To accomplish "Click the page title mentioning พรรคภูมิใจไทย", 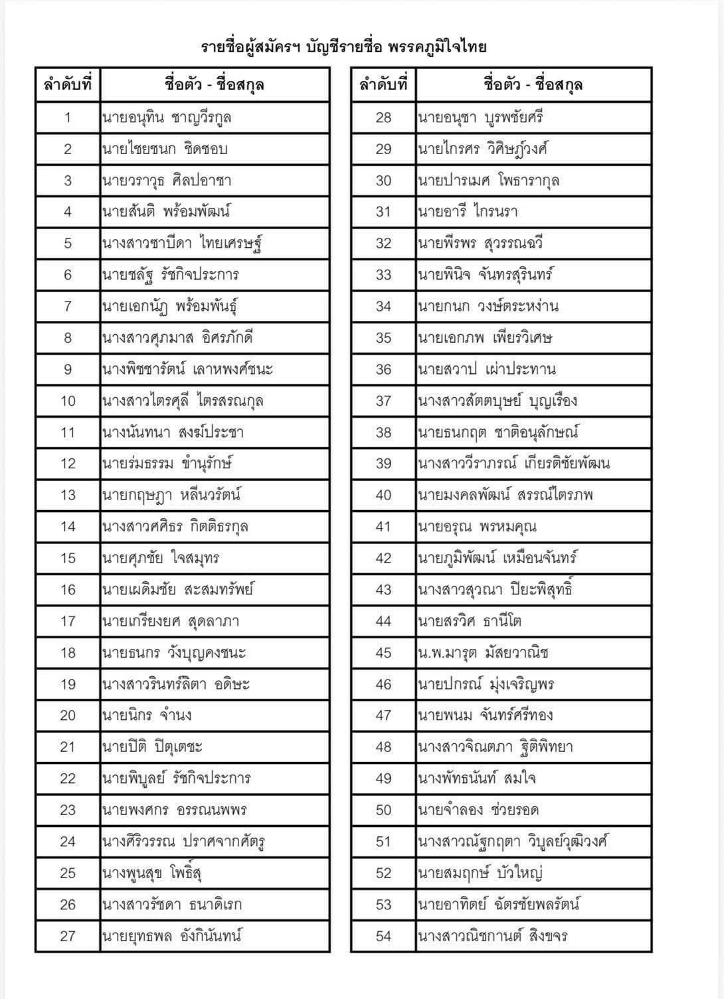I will [344, 46].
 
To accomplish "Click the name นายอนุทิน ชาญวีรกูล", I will [167, 118].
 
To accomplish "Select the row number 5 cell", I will [68, 243].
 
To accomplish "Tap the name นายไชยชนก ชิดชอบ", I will [165, 149].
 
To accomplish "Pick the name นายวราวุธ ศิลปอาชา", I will [167, 181].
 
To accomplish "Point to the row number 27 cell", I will [68, 936].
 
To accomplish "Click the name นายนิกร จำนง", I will [147, 715].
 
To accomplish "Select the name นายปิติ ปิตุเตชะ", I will [152, 747].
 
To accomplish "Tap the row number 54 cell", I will [384, 936].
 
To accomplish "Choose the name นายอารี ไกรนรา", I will [468, 212].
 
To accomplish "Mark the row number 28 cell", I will [384, 118].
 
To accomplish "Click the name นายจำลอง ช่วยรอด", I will [478, 810].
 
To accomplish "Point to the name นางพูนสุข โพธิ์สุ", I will [152, 873].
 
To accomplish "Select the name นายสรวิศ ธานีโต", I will [470, 621].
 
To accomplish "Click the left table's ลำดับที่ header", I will [68, 85].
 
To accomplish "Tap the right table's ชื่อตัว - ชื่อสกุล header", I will [533, 85].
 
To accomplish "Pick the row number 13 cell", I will [68, 495].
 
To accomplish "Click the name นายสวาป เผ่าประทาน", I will [487, 369].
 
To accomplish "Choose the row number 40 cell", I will [384, 495].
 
